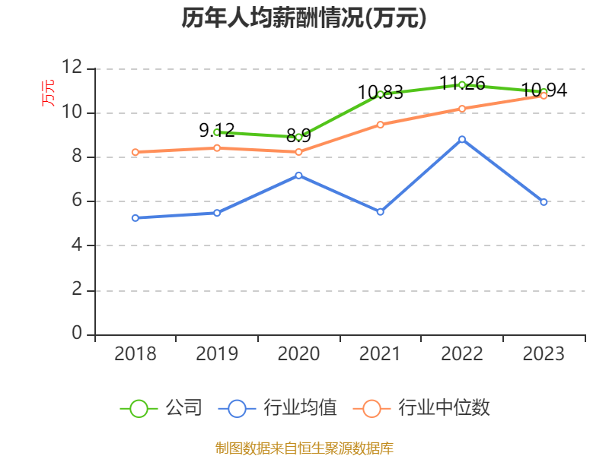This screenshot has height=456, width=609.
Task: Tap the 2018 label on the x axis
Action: point(135,354)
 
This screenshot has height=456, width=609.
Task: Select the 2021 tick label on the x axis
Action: point(380,354)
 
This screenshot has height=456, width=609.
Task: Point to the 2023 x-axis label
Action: point(544,354)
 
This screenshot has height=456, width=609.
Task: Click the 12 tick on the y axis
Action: point(72,68)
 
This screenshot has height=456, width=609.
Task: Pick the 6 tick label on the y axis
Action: point(77,201)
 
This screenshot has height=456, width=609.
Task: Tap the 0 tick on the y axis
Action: point(77,334)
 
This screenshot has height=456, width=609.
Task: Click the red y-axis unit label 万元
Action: point(48,93)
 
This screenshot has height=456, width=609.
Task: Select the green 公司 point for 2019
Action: point(217,132)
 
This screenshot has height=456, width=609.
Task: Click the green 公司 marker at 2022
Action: point(462,84)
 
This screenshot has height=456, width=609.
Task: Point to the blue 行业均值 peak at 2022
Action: point(462,139)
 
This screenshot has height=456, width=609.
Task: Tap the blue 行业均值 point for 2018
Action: point(135,218)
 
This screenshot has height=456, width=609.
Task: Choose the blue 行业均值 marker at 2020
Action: point(298,176)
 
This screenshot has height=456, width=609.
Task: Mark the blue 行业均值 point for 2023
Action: point(544,202)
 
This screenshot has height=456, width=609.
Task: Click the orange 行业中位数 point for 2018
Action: point(135,152)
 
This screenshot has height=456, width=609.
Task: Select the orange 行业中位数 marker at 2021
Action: point(380,125)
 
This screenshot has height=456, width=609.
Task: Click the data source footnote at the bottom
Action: point(304,448)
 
